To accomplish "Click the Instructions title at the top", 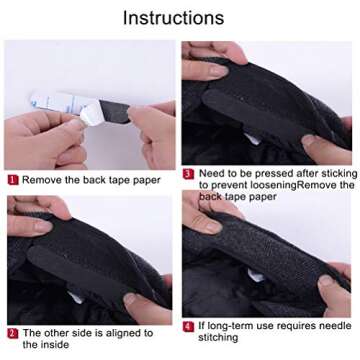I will click(x=180, y=17).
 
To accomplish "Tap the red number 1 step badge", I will click(x=12, y=180).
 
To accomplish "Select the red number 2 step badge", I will click(x=12, y=332).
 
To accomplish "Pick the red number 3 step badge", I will click(x=188, y=173).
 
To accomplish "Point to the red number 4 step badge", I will click(x=188, y=326).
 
